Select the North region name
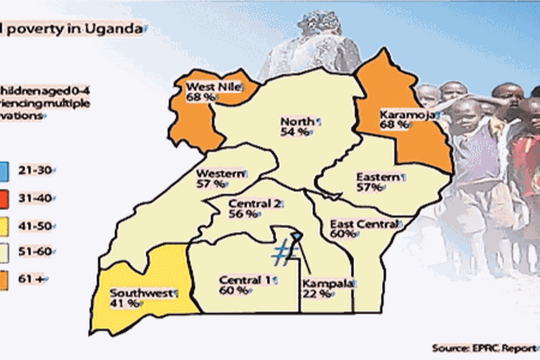[x=297, y=121]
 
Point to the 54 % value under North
[x=295, y=132]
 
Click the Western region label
[x=220, y=173]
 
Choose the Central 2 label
[x=254, y=204]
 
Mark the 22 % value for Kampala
[x=317, y=294]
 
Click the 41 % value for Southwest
[x=124, y=304]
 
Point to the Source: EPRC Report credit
[x=484, y=348]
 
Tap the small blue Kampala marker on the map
[x=297, y=235]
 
